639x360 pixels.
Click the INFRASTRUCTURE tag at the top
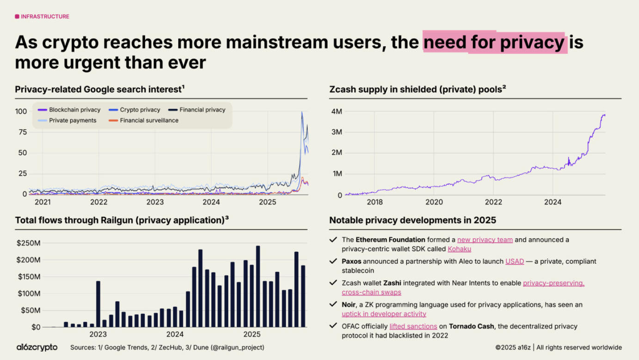tap(42, 17)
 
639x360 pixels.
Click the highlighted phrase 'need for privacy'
tap(494, 43)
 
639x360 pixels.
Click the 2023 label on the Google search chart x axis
tap(155, 202)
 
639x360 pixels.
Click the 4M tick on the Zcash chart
tap(336, 112)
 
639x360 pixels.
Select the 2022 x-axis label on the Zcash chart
tap(493, 202)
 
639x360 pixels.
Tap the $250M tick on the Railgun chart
tap(29, 243)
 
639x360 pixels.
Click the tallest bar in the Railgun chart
tap(258, 286)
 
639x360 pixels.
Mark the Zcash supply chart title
tap(417, 89)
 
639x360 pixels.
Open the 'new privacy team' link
tap(485, 240)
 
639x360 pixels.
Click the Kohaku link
tap(459, 249)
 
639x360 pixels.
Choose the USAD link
tap(514, 261)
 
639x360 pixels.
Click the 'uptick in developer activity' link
tap(384, 314)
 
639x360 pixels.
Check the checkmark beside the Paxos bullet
tap(333, 261)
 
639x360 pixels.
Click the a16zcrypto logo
tap(37, 347)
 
